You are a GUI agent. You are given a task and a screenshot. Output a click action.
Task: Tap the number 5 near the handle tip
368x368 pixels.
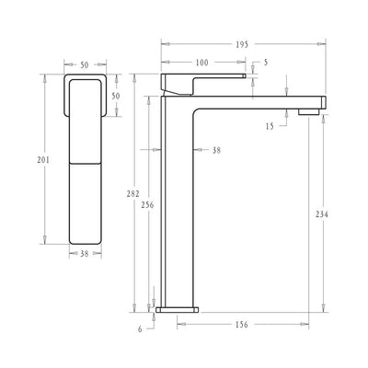[266, 63]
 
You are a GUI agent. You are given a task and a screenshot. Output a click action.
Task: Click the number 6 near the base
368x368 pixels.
[141, 329]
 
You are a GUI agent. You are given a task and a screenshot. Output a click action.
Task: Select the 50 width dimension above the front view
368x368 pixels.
[86, 65]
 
